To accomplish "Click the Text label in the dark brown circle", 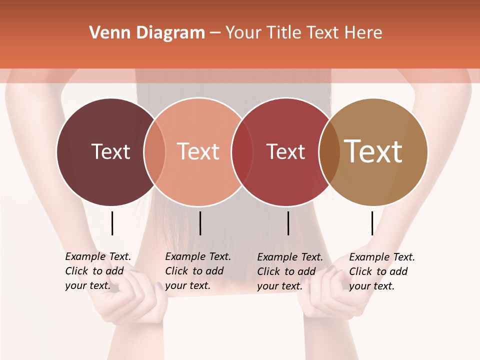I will point(110,151).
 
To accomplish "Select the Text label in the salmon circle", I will point(198,151).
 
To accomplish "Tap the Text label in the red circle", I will point(285,151).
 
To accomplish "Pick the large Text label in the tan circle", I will point(373,151).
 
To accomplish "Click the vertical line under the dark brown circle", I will point(112,223).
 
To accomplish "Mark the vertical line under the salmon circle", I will point(200,223).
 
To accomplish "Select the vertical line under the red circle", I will point(288,223).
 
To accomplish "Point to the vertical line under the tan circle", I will point(372,223).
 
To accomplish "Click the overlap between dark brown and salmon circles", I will point(154,151).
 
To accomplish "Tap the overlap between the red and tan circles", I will point(329,151).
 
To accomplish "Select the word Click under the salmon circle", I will point(176,271).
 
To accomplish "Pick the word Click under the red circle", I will point(268,271).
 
